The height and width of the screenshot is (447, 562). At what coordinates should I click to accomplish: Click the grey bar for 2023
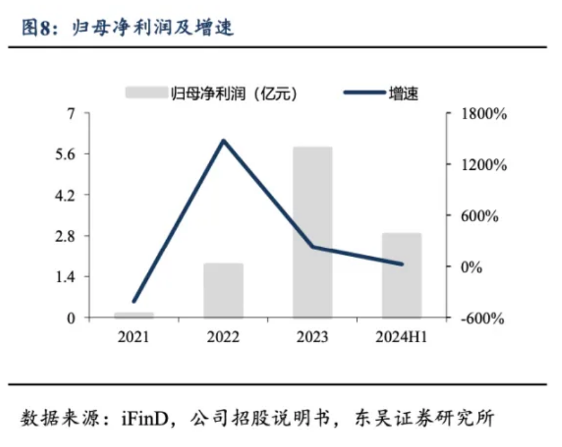click(x=312, y=232)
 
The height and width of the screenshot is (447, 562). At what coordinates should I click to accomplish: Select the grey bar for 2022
click(x=223, y=290)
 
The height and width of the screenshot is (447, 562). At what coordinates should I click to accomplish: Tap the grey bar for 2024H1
click(x=401, y=275)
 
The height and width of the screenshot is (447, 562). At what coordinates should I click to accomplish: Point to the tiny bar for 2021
click(x=134, y=315)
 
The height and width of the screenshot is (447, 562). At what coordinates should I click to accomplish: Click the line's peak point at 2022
click(x=223, y=140)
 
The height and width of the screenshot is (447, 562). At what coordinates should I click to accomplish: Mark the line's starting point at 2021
click(x=134, y=301)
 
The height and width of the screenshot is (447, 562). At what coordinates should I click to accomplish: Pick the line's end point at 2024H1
click(x=402, y=265)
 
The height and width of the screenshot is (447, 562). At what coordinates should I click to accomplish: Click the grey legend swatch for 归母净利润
click(x=146, y=92)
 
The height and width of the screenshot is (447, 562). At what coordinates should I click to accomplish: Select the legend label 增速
click(x=403, y=93)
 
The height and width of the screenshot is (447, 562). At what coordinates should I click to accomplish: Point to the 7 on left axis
click(x=72, y=113)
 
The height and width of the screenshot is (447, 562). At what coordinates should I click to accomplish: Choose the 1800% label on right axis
click(x=484, y=114)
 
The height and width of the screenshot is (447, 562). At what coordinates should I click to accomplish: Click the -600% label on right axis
click(x=482, y=318)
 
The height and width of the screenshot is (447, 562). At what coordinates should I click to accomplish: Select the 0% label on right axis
click(x=471, y=267)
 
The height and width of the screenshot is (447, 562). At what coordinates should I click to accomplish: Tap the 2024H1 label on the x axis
click(x=401, y=337)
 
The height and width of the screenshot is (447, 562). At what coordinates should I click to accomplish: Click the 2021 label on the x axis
click(x=134, y=337)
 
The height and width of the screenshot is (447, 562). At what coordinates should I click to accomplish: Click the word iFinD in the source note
click(x=145, y=418)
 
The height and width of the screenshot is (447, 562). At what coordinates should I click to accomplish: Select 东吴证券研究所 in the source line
click(x=425, y=418)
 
